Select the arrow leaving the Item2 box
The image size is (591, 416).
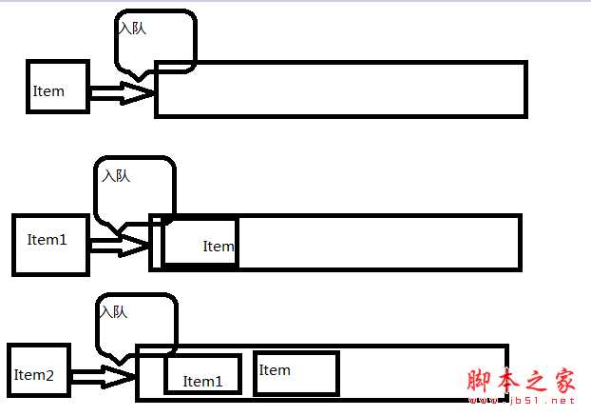pyautogui.click(x=103, y=376)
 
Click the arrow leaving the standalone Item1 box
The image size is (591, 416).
pyautogui.click(x=120, y=246)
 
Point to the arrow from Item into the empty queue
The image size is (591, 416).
pyautogui.click(x=123, y=93)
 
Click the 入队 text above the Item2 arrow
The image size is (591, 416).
pyautogui.click(x=114, y=312)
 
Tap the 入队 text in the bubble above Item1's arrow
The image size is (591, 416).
pyautogui.click(x=116, y=175)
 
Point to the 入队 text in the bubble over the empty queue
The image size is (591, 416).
pyautogui.click(x=132, y=28)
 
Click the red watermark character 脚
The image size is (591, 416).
pyautogui.click(x=478, y=380)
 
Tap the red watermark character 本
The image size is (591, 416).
pyautogui.click(x=507, y=380)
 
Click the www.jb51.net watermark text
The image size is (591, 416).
pyautogui.click(x=523, y=401)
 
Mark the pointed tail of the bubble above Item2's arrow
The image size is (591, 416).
pyautogui.click(x=120, y=365)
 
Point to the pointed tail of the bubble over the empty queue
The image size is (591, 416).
pyautogui.click(x=139, y=80)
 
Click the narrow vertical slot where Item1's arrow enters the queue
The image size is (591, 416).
pyautogui.click(x=157, y=243)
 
